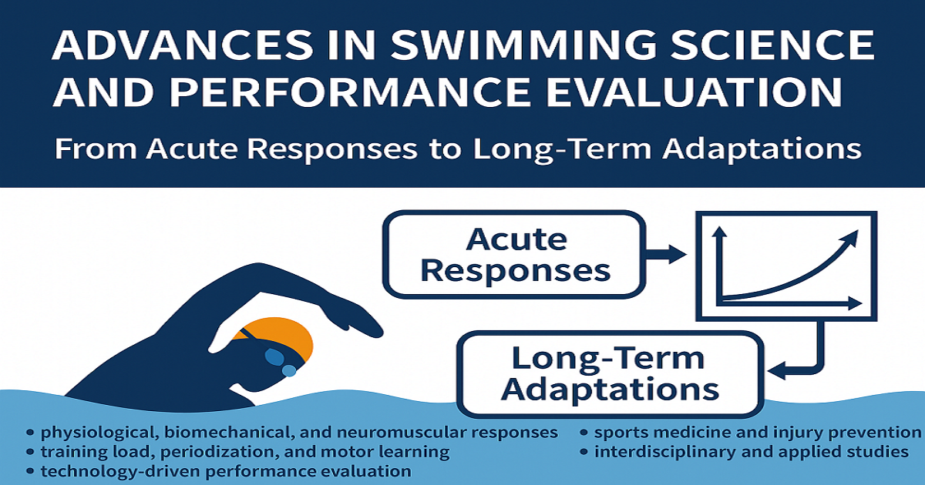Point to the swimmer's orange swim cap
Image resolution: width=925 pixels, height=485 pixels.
[x=281, y=334]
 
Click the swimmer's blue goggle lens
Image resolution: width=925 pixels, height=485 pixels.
[x=274, y=356]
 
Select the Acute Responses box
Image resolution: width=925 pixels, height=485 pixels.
[x=514, y=255]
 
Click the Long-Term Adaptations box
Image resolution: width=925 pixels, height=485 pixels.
[x=610, y=374]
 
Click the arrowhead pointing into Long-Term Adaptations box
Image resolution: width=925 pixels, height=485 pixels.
[x=776, y=370]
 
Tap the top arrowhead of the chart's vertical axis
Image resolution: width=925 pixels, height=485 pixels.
[x=719, y=232]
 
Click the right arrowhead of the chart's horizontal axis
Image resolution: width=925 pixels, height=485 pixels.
[x=855, y=303]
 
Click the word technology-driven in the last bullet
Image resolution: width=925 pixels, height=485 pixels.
[x=117, y=471]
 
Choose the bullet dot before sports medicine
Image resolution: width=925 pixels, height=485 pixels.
[x=584, y=433]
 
